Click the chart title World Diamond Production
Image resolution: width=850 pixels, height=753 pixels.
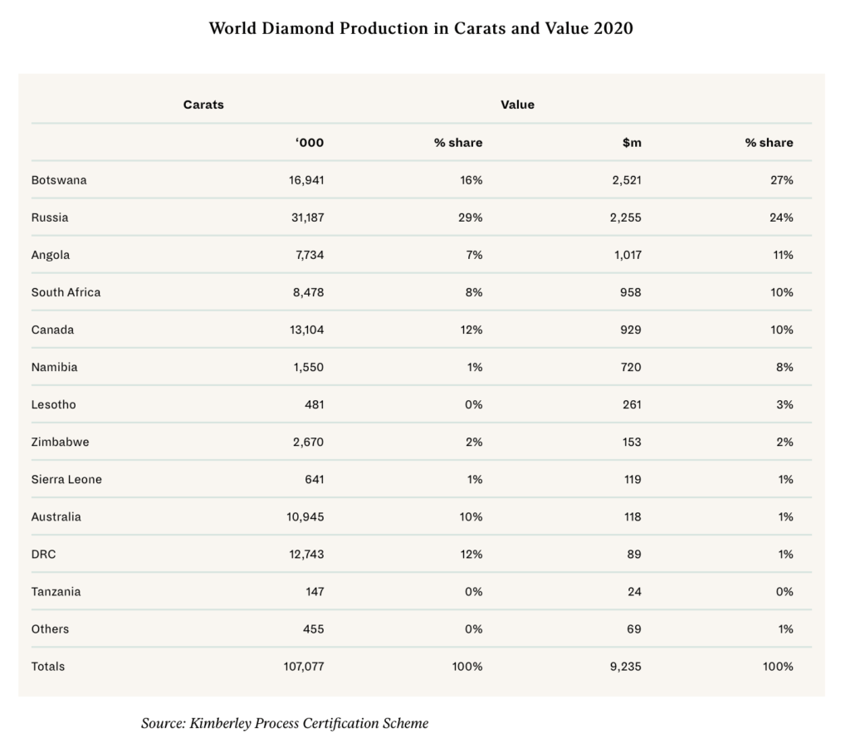(x=421, y=28)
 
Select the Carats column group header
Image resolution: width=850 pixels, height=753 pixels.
(x=203, y=105)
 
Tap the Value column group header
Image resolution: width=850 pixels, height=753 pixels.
(x=517, y=105)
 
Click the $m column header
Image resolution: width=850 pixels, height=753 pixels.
(x=632, y=143)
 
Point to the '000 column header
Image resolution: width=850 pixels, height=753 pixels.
(x=309, y=143)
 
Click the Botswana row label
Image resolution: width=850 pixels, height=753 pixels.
(x=59, y=180)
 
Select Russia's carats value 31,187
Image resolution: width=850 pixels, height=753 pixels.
(x=304, y=218)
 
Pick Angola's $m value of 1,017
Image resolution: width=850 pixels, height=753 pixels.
(x=627, y=255)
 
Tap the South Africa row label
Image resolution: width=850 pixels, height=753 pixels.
(x=66, y=292)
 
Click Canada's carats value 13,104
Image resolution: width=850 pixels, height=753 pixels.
(x=304, y=330)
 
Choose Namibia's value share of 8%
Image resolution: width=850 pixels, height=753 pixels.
(x=784, y=367)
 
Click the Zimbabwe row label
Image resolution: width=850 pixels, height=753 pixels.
(x=60, y=442)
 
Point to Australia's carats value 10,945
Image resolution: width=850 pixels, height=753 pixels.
(x=304, y=516)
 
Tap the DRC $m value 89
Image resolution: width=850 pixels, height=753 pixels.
(x=634, y=554)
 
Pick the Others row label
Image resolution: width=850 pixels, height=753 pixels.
(x=50, y=628)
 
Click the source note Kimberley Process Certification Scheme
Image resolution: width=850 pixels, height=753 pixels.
(x=285, y=723)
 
